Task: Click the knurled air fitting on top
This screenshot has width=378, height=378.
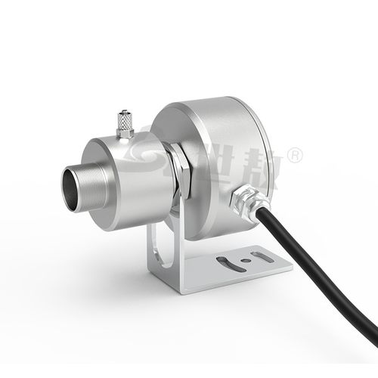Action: tap(124, 122)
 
